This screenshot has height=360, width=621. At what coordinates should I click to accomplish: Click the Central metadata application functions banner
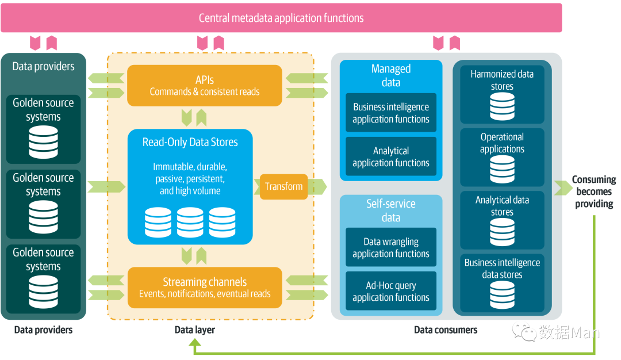pyautogui.click(x=281, y=18)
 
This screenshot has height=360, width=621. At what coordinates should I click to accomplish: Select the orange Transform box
pyautogui.click(x=284, y=187)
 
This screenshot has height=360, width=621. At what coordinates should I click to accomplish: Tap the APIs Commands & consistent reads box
pyautogui.click(x=205, y=86)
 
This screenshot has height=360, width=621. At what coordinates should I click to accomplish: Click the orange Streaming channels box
pyautogui.click(x=205, y=288)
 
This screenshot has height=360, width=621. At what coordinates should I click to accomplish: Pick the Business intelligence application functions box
pyautogui.click(x=391, y=113)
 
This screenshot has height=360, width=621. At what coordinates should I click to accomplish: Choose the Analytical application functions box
pyautogui.click(x=391, y=156)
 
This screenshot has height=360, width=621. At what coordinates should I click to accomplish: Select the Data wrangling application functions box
pyautogui.click(x=391, y=247)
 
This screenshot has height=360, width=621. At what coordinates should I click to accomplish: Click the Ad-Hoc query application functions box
pyautogui.click(x=391, y=291)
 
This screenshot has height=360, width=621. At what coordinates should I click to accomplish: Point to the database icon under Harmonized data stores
pyautogui.click(x=502, y=106)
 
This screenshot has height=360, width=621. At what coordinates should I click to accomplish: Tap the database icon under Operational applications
pyautogui.click(x=502, y=169)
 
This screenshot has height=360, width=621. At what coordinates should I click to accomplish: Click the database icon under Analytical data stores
pyautogui.click(x=502, y=232)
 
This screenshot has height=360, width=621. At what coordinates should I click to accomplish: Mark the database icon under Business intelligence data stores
pyautogui.click(x=502, y=294)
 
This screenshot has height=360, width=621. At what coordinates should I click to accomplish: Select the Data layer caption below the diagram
pyautogui.click(x=195, y=330)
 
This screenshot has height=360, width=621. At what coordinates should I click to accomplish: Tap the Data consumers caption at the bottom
pyautogui.click(x=446, y=330)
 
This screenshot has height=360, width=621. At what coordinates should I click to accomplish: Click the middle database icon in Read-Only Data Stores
pyautogui.click(x=190, y=223)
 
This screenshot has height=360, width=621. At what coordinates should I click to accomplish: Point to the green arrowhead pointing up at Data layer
pyautogui.click(x=195, y=343)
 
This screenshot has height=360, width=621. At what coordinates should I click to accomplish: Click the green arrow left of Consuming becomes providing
pyautogui.click(x=562, y=187)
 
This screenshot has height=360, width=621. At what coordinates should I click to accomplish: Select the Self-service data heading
pyautogui.click(x=391, y=210)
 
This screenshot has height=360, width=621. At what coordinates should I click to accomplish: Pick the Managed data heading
pyautogui.click(x=391, y=75)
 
